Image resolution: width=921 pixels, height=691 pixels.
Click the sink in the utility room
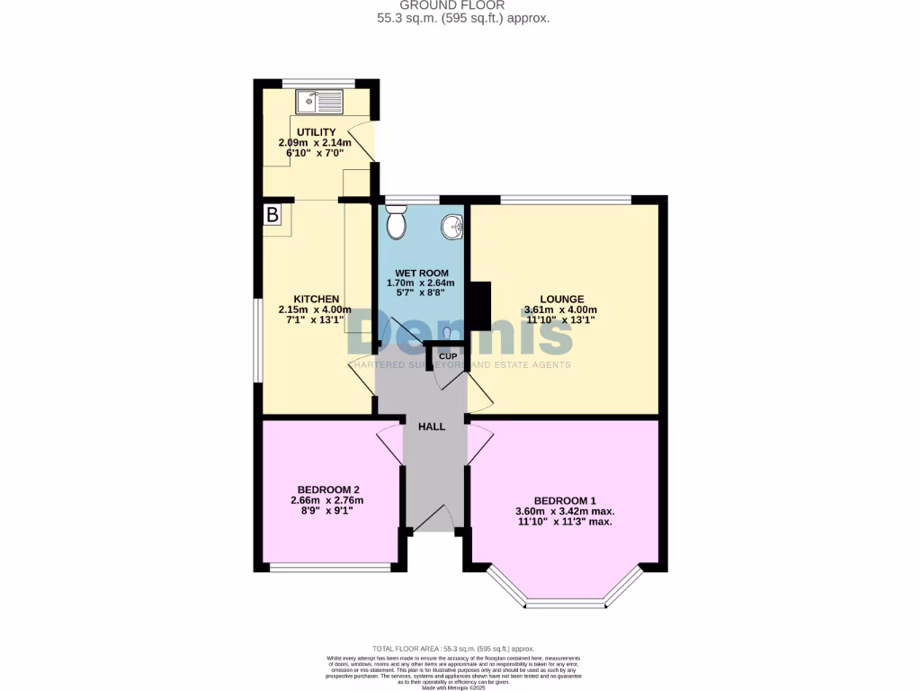[319, 102]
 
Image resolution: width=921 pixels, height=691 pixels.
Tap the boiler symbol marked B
[272, 215]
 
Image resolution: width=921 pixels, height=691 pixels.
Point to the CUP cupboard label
[447, 357]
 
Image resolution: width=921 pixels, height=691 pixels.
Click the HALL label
[432, 426]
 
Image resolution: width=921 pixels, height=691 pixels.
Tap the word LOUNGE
[561, 300]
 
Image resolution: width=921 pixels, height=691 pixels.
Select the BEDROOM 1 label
[564, 500]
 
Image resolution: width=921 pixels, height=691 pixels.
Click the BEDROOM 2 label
[328, 489]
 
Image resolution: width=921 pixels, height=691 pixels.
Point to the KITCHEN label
[316, 299]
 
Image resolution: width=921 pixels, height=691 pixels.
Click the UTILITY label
[316, 132]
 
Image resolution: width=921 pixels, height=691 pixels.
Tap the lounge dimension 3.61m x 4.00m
[561, 310]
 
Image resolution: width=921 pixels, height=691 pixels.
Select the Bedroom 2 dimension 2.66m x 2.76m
[327, 500]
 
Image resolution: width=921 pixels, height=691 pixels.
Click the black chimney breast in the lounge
[479, 306]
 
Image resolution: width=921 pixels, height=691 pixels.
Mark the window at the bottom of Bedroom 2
[330, 567]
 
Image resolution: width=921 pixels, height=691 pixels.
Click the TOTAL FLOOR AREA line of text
[453, 649]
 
